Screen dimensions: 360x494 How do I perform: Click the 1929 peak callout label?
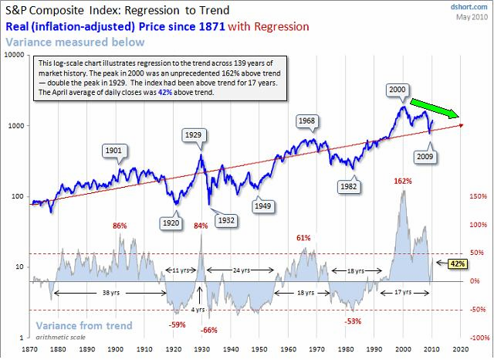(x=192, y=135)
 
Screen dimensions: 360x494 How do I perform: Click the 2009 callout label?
(x=425, y=156)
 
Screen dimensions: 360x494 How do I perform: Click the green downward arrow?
(x=434, y=110)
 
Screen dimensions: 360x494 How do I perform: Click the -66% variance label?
(x=208, y=330)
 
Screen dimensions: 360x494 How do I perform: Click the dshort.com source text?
(x=471, y=7)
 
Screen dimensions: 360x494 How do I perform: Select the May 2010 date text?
(x=474, y=17)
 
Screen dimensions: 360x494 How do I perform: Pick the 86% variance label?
(x=120, y=226)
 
